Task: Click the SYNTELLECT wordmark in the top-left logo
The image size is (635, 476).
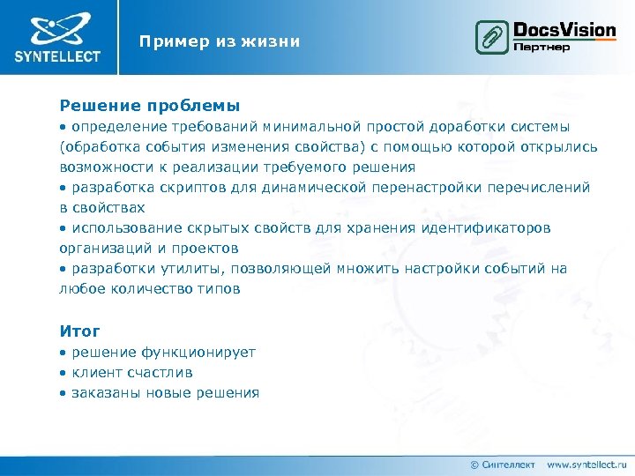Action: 57,56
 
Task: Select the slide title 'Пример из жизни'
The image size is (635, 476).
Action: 220,41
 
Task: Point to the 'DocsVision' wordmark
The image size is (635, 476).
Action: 564,30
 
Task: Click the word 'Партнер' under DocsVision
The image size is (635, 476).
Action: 542,47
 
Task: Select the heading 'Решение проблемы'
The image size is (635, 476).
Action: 150,105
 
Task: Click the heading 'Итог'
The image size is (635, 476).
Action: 79,331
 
